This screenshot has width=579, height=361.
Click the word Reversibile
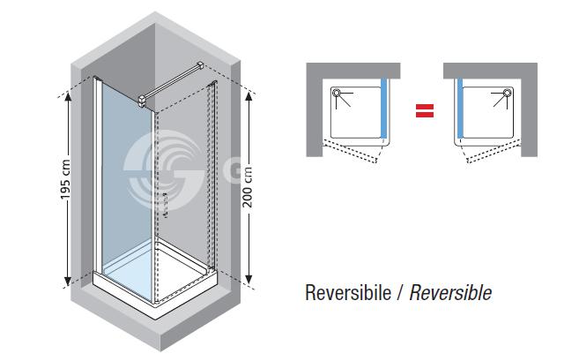tap(351, 291)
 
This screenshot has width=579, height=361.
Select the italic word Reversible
tap(451, 291)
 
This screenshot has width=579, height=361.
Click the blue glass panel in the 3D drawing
tap(123, 177)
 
